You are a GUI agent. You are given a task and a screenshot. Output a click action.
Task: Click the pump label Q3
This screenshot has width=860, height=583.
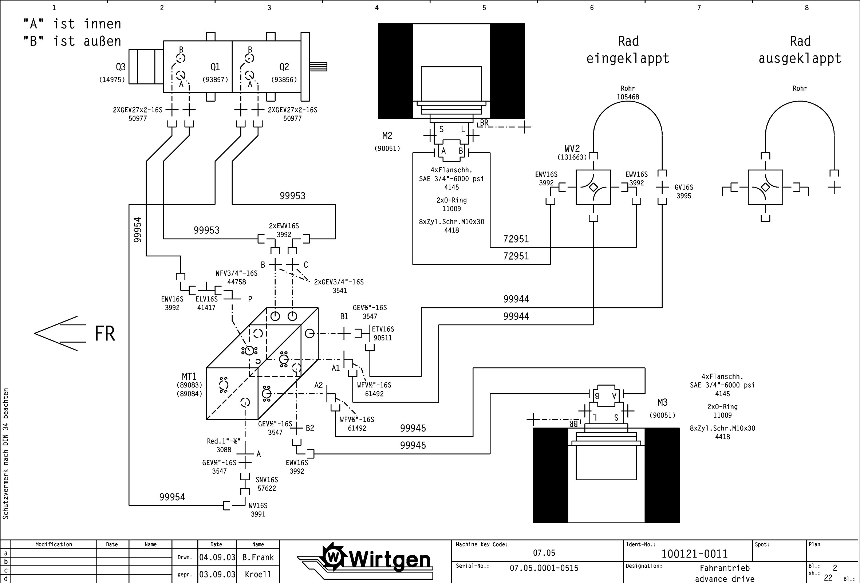[121, 67]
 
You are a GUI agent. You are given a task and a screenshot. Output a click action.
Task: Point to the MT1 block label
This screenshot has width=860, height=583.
[189, 377]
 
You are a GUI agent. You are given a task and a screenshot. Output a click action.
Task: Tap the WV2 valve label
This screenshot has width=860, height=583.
[572, 149]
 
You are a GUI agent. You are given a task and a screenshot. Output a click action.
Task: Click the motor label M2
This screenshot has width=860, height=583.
[387, 136]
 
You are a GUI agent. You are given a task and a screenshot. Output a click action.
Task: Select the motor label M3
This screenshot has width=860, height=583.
[662, 402]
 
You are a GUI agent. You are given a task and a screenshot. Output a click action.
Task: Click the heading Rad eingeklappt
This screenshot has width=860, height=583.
[628, 50]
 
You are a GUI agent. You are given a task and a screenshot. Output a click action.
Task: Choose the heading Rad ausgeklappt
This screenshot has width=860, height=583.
[800, 50]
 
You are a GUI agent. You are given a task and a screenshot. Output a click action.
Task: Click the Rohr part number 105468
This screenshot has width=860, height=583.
[628, 97]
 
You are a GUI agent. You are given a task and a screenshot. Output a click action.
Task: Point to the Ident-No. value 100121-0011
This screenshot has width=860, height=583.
[694, 554]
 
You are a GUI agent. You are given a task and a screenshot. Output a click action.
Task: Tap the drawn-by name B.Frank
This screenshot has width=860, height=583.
[258, 558]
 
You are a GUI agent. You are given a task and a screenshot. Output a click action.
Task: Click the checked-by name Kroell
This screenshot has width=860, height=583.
[258, 575]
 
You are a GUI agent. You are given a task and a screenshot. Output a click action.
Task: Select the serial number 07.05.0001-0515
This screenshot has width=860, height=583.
[544, 568]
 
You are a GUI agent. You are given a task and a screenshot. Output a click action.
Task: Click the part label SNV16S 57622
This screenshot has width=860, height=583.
[267, 484]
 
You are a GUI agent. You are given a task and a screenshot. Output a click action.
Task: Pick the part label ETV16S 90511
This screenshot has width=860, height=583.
[383, 333]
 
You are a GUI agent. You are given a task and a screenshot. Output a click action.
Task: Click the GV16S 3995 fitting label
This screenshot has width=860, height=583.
[683, 192]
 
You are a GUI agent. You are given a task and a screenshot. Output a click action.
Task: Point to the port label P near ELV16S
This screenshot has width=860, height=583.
[250, 299]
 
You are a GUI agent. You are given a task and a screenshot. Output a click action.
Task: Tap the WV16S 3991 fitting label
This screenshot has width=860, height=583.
[258, 510]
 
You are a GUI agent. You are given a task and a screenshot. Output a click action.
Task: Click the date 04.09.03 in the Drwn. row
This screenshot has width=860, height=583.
[217, 558]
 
